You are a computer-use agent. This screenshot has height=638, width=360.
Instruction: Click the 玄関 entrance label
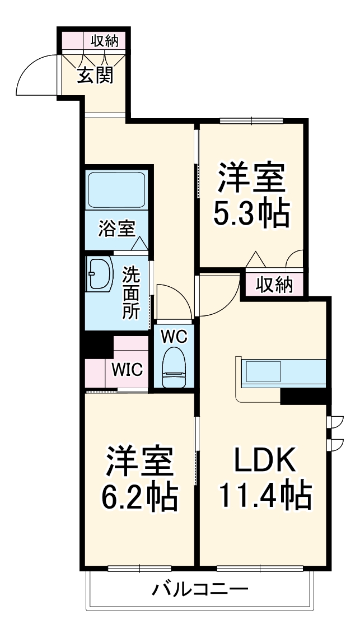[x=95, y=74]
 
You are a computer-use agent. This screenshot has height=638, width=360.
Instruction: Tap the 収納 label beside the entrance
[x=105, y=41]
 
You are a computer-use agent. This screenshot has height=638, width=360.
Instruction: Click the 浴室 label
[x=116, y=229]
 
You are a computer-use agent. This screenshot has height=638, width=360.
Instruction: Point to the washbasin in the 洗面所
[x=99, y=274]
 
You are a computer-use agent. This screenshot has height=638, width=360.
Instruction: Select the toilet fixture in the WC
[x=174, y=367]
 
